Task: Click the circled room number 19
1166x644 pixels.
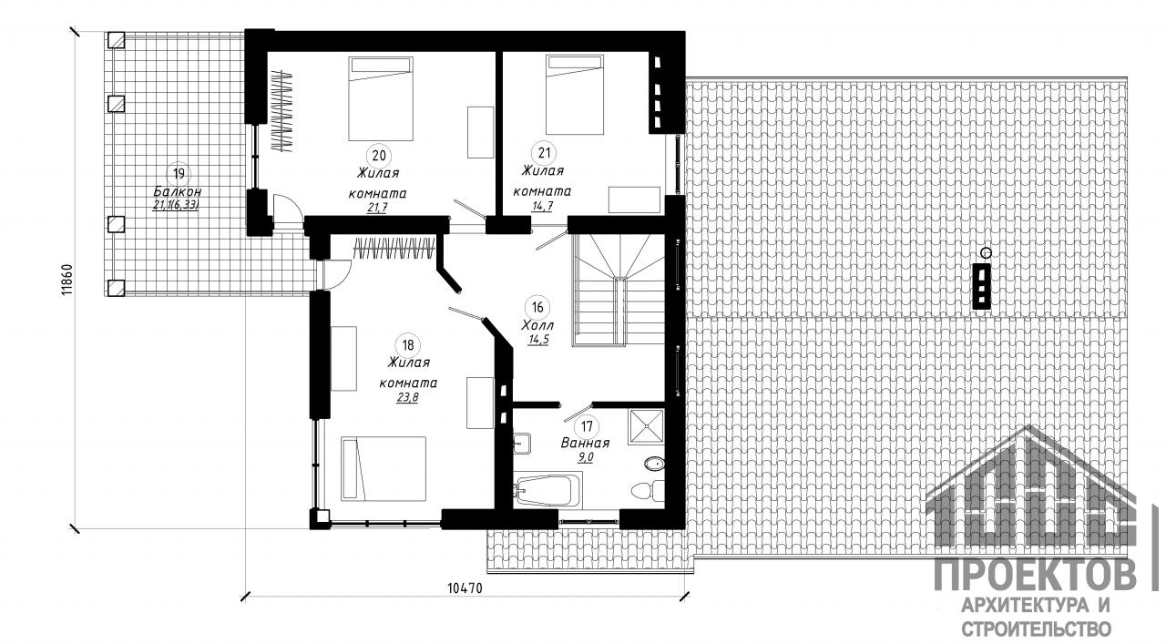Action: [x=179, y=173]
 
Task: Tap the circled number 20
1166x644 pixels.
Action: [x=379, y=155]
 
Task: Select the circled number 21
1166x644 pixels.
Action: [x=544, y=153]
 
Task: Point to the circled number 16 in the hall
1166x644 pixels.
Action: [x=537, y=307]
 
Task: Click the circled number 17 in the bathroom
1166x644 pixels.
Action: [x=587, y=427]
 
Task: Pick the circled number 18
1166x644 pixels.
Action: [x=407, y=344]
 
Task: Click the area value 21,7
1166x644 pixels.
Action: [x=377, y=208]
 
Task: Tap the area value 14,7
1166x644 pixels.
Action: [x=542, y=206]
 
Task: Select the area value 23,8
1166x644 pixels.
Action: [x=407, y=398]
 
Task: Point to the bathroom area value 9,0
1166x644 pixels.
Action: [x=586, y=457]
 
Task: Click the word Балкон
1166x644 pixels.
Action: [x=178, y=191]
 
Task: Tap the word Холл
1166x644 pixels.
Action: [x=537, y=325]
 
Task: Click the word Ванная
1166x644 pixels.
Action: [x=585, y=443]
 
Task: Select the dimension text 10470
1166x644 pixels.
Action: [x=465, y=588]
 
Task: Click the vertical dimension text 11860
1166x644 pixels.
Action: [x=67, y=280]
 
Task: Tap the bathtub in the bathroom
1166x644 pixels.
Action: [x=547, y=489]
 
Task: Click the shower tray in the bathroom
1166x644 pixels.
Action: [x=647, y=427]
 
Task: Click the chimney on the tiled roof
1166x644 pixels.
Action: [x=982, y=286]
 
